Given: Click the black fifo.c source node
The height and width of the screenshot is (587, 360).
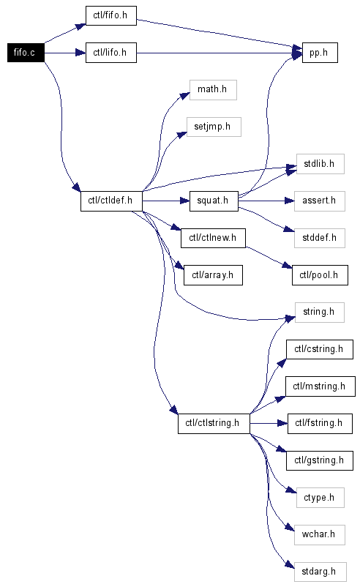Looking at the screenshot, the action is [26, 53].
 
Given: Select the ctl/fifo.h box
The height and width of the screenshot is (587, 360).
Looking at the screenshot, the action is [111, 15].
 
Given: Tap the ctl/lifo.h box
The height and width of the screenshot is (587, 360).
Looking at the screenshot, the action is [111, 53].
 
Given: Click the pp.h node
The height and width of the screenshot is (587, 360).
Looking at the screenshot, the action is [320, 53].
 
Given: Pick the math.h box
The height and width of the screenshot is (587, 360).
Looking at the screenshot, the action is [213, 90].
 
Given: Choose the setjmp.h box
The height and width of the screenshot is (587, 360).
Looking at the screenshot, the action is [214, 127].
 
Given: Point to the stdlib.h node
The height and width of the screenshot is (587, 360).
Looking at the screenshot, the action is [320, 164].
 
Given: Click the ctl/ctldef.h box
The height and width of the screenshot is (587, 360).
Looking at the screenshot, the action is [111, 201].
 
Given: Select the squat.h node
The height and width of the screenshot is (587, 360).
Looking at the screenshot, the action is [214, 201].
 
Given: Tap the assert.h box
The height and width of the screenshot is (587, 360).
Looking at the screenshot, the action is [320, 201].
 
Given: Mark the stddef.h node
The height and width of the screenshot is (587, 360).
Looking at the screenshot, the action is [320, 238].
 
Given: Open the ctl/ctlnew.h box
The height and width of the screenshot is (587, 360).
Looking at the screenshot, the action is [214, 238].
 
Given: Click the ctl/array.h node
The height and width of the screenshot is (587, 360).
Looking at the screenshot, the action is [214, 275].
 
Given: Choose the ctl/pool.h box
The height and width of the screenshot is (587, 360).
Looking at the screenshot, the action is [320, 275].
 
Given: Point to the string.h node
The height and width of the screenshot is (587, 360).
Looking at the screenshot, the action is [320, 313].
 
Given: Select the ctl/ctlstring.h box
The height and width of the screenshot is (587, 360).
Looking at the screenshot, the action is [214, 423].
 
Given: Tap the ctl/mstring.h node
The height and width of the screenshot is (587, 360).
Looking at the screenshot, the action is [320, 386].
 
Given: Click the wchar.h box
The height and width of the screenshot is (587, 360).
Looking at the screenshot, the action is [320, 534].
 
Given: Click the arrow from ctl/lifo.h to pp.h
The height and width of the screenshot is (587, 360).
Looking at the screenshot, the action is [220, 53].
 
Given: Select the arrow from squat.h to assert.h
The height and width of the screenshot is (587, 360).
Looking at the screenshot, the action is [266, 201].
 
